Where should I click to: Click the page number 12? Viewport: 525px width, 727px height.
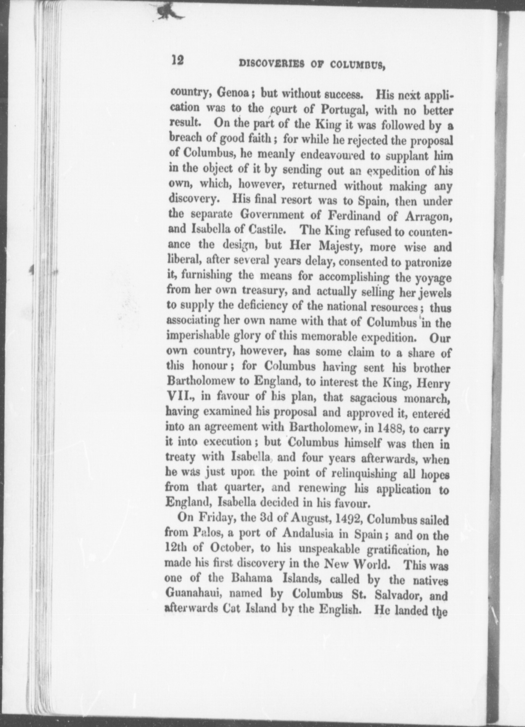pos(178,60)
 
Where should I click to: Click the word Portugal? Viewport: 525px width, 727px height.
pos(344,109)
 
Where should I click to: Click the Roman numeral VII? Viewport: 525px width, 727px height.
pos(180,397)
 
